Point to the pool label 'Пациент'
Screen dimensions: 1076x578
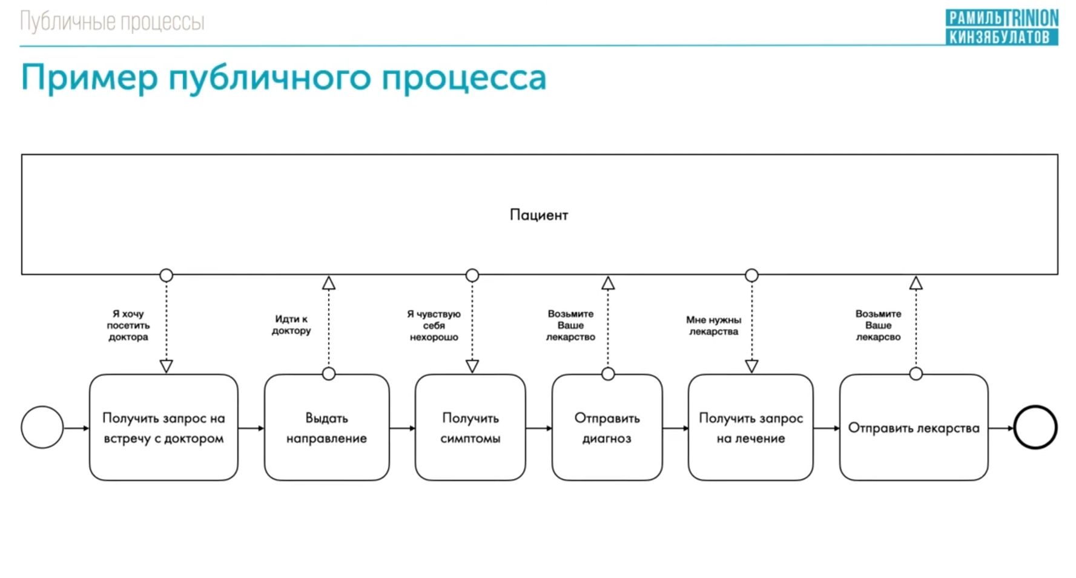pyautogui.click(x=539, y=215)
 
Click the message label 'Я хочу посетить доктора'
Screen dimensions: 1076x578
pyautogui.click(x=128, y=325)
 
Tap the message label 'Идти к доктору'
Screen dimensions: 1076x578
pyautogui.click(x=291, y=325)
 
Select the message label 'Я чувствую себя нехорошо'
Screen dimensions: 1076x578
pyautogui.click(x=434, y=325)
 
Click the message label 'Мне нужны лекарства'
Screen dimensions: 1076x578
pyautogui.click(x=713, y=325)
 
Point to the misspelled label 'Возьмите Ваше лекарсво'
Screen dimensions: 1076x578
pyautogui.click(x=878, y=325)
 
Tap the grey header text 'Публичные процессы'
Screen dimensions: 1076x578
pyautogui.click(x=112, y=22)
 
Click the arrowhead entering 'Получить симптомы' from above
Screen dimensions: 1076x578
pyautogui.click(x=472, y=366)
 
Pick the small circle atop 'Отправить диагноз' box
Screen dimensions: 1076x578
pyautogui.click(x=608, y=374)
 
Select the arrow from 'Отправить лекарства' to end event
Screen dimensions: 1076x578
pyautogui.click(x=1001, y=428)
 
